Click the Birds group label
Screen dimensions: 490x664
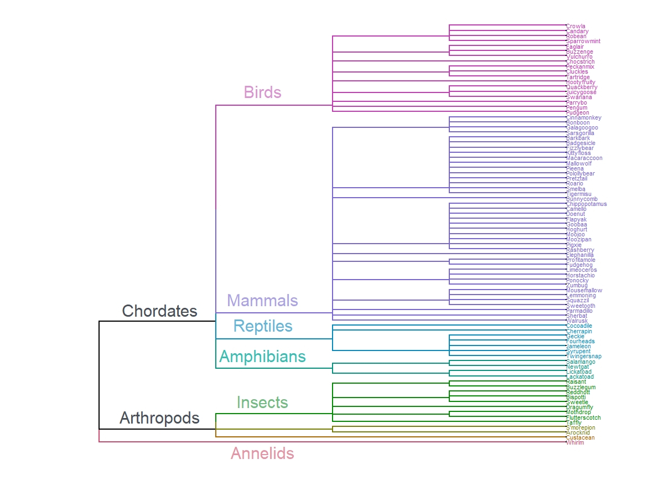[x=262, y=92]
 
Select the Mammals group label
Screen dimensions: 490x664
[x=262, y=301]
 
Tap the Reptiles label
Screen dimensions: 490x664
[x=262, y=326]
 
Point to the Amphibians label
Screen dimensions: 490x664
[x=262, y=357]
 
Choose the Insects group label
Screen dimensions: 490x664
[x=262, y=403]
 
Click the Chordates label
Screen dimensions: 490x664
[x=159, y=311]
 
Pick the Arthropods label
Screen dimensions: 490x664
[x=159, y=418]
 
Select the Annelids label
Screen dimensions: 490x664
[x=262, y=454]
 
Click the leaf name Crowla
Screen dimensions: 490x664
[x=575, y=26]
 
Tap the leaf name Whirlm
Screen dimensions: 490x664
[x=575, y=443]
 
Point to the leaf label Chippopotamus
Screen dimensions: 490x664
[x=586, y=204]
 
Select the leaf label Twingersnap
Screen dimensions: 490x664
[x=583, y=357]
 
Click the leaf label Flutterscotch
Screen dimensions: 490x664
[x=583, y=417]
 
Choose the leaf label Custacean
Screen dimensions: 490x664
[x=580, y=438]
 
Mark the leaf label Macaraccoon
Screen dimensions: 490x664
[x=584, y=158]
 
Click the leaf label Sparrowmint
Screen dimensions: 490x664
[x=583, y=42]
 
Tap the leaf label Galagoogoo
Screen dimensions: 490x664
[x=582, y=128]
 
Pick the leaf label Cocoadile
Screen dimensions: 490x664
[x=579, y=326]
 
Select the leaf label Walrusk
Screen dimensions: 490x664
[x=577, y=321]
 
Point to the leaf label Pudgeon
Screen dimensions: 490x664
[x=577, y=112]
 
